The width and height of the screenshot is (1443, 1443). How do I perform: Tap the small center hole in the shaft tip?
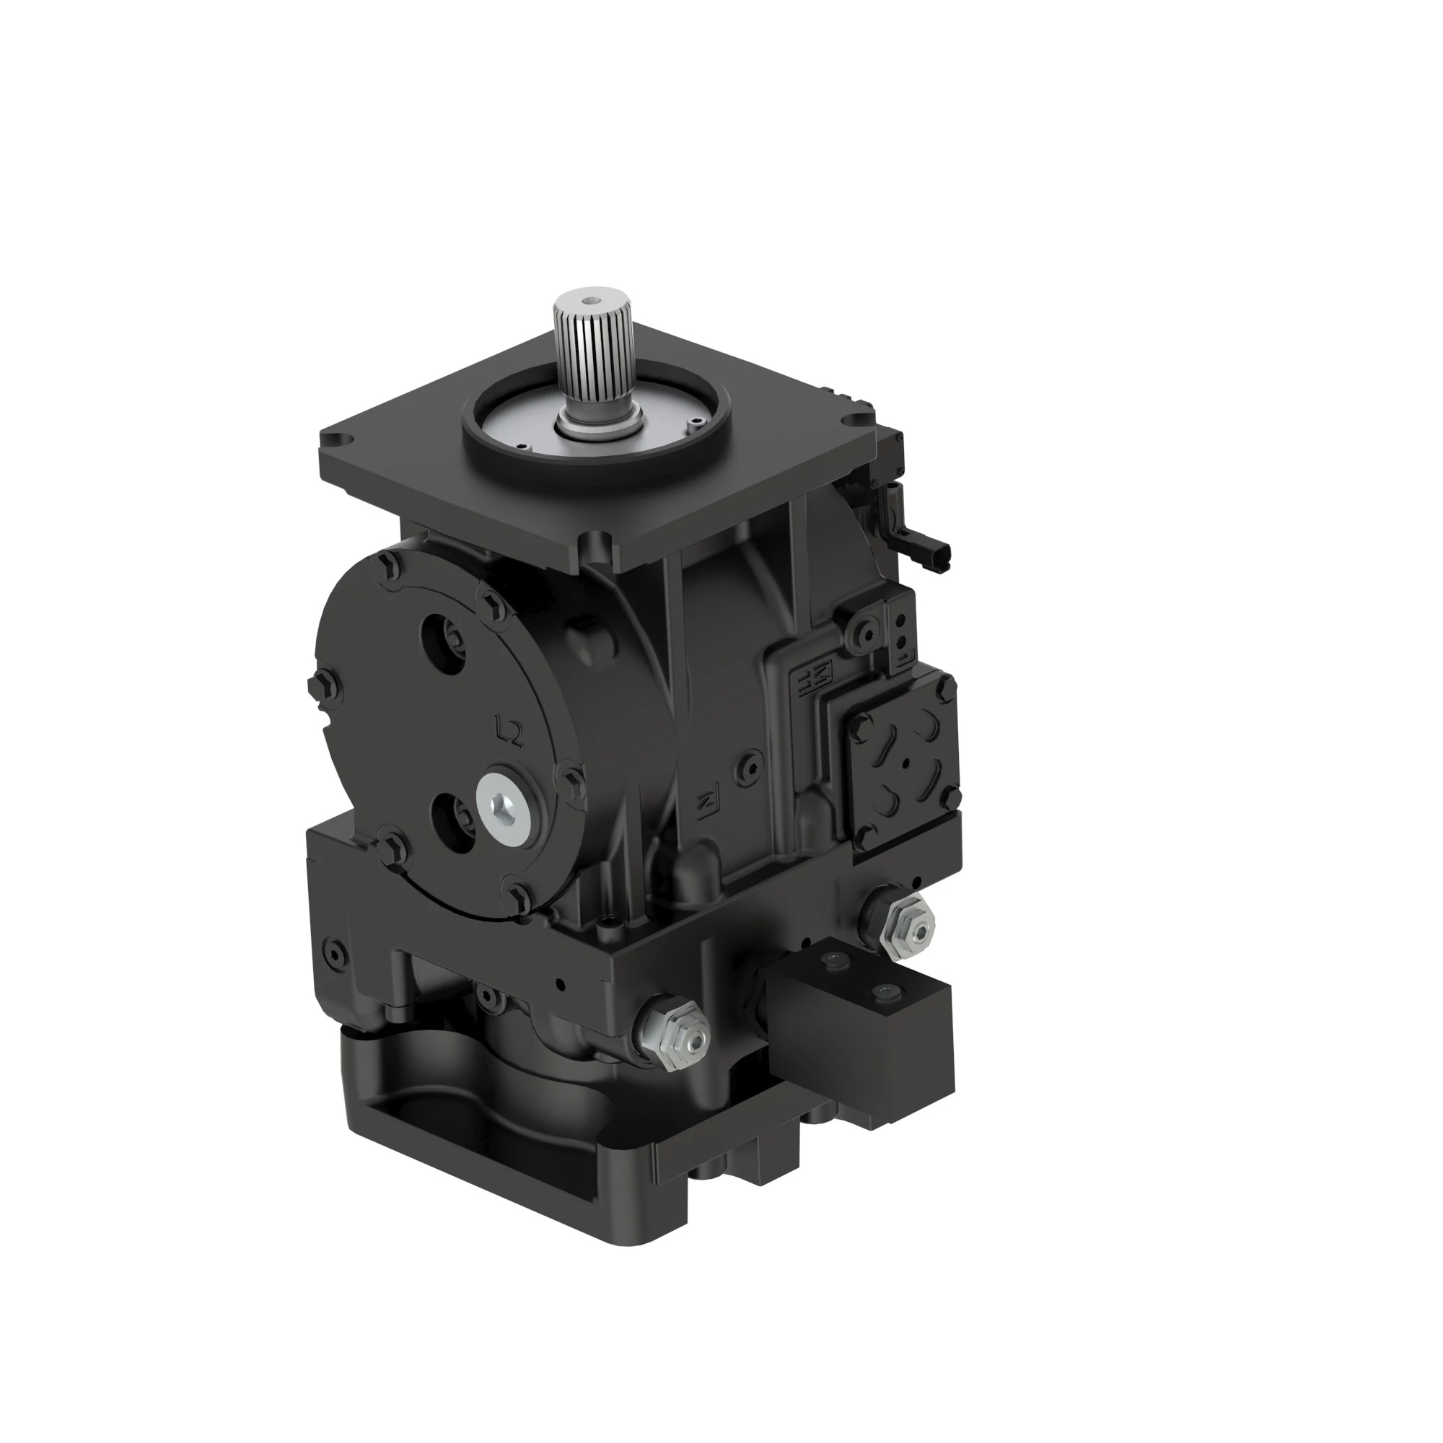coord(592,302)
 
